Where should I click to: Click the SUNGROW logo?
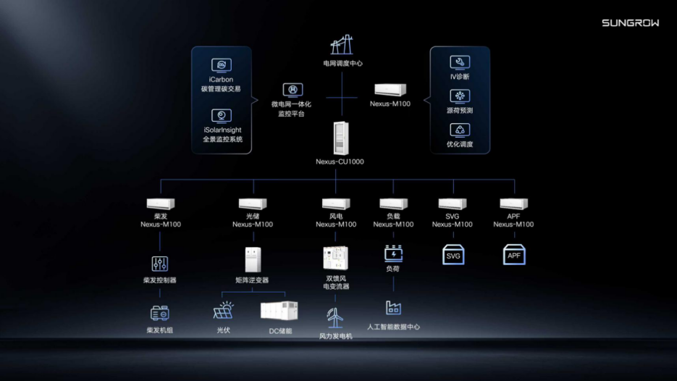(631, 23)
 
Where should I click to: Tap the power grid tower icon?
(342, 44)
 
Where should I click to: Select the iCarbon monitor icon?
(222, 65)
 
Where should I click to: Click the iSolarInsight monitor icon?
(222, 116)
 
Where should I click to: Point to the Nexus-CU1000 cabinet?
(340, 138)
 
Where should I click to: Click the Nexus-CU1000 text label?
(340, 162)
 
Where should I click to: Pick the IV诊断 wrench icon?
(460, 62)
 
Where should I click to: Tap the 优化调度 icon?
(460, 130)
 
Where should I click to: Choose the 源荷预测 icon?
(460, 96)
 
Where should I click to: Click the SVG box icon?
(453, 254)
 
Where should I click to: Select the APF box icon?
(514, 254)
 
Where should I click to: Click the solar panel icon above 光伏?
(223, 311)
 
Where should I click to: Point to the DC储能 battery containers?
(279, 311)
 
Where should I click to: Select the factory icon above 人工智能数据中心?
(393, 308)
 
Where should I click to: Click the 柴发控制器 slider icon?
(160, 264)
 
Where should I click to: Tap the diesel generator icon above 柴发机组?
(160, 313)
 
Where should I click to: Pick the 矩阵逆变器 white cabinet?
(253, 259)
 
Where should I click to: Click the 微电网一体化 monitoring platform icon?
(293, 91)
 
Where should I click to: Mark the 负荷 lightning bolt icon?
(393, 254)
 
